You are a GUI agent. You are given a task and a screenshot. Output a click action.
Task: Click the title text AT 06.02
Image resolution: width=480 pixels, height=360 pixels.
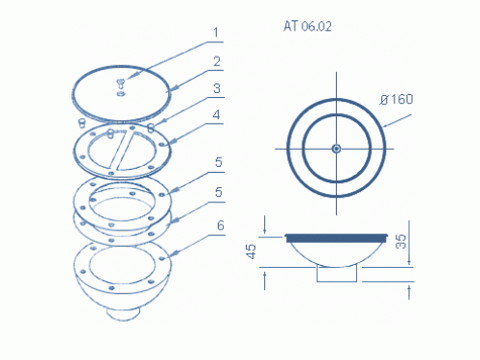(x=307, y=26)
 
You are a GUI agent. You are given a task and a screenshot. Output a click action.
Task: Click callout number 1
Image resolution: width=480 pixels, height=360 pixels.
(x=216, y=33)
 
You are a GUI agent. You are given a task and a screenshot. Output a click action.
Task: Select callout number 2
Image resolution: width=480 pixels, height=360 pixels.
(x=217, y=61)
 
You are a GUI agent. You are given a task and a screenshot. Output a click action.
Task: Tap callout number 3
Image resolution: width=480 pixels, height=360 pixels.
(x=217, y=88)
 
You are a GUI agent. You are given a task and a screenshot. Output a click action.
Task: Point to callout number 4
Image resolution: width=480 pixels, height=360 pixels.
(x=217, y=115)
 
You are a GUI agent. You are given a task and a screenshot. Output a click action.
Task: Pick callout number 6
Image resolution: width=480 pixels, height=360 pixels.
(x=221, y=226)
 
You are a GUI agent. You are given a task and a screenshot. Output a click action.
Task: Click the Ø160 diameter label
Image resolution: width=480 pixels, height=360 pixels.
(x=396, y=99)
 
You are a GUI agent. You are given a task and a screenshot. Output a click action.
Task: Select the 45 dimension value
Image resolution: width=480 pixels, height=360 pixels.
(x=252, y=252)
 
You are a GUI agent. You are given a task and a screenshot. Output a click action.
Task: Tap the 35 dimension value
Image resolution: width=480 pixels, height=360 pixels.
(x=401, y=242)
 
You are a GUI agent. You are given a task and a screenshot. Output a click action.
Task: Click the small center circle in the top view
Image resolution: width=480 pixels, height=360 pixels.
(x=336, y=149)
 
